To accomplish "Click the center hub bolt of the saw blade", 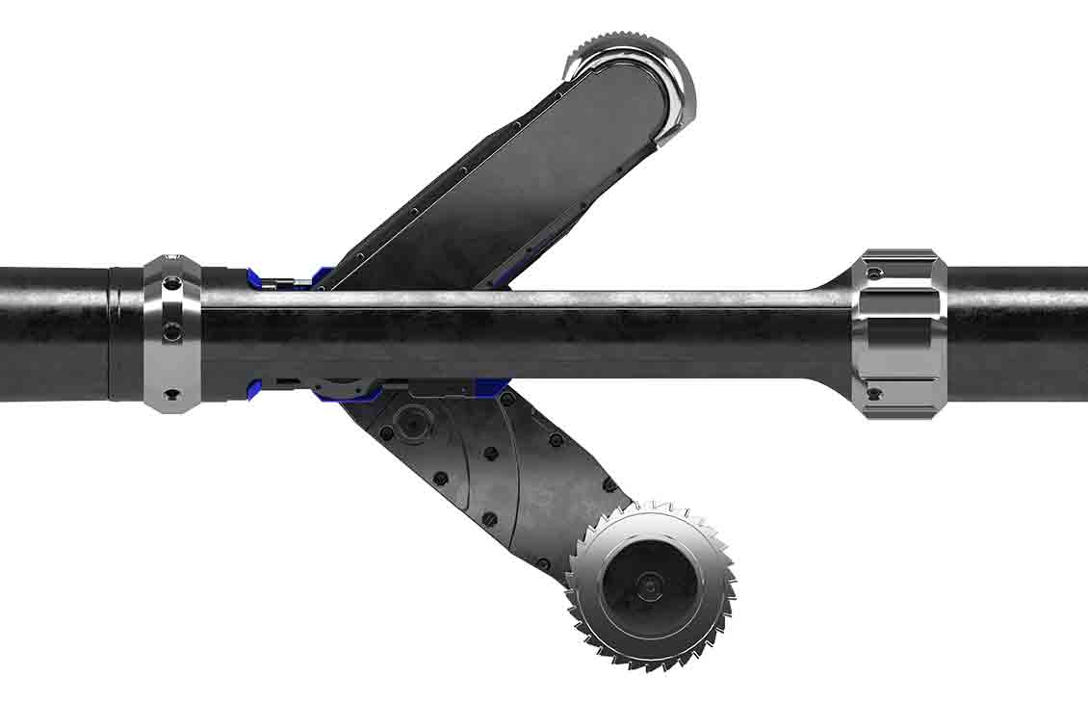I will [x=652, y=585].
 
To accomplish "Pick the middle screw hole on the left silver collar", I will [x=172, y=330].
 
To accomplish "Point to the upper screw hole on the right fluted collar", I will [x=873, y=273].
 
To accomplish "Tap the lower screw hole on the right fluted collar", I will [x=873, y=393].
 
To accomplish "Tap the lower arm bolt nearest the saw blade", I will [x=608, y=484].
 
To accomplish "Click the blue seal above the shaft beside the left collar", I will [x=256, y=278].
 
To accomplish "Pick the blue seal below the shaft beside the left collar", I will [x=255, y=390].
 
